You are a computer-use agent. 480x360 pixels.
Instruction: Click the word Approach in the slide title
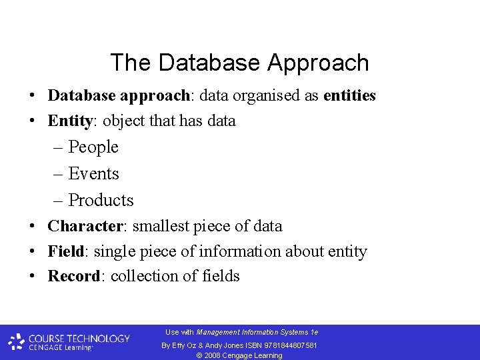click(x=318, y=63)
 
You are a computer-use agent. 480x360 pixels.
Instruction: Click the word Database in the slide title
click(x=211, y=63)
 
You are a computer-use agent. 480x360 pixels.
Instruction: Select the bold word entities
click(x=349, y=96)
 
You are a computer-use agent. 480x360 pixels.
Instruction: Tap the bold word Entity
click(x=69, y=121)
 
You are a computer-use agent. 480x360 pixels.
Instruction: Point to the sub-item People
click(x=93, y=147)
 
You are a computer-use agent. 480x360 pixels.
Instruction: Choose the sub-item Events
click(x=93, y=174)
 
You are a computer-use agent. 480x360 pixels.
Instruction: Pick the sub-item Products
click(x=101, y=201)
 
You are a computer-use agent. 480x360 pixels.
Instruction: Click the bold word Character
click(x=85, y=227)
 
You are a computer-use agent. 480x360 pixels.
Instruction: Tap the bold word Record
click(x=73, y=277)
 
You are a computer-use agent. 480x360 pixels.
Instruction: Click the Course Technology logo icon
click(x=17, y=342)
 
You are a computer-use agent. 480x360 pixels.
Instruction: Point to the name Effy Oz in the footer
click(x=183, y=345)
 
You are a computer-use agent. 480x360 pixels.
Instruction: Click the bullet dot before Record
click(x=32, y=277)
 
